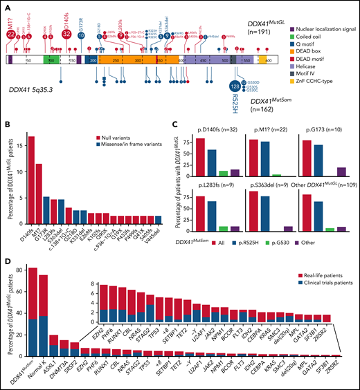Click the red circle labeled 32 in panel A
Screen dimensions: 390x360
coord(66,32)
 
